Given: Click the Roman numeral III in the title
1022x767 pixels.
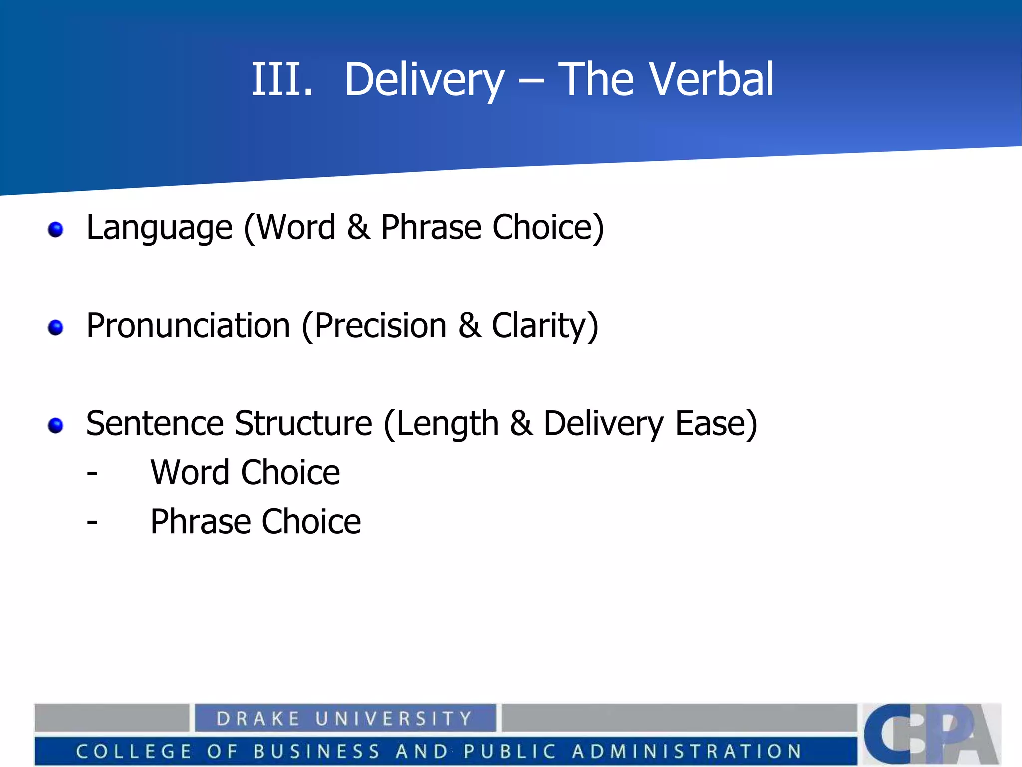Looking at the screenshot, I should [281, 79].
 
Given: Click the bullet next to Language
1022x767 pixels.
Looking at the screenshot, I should [56, 230].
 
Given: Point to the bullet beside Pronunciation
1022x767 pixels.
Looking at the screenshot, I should [56, 328].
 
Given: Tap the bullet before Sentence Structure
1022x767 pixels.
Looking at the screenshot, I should [56, 425].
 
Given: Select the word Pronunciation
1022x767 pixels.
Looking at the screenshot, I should [188, 326].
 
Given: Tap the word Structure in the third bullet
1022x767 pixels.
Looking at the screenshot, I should [303, 423].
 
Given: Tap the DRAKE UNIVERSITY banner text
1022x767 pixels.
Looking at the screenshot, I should [344, 718].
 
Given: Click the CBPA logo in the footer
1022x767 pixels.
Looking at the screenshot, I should [931, 733].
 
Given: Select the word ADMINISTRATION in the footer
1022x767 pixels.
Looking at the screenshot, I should [687, 751].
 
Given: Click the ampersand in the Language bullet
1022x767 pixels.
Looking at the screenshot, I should [358, 228].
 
